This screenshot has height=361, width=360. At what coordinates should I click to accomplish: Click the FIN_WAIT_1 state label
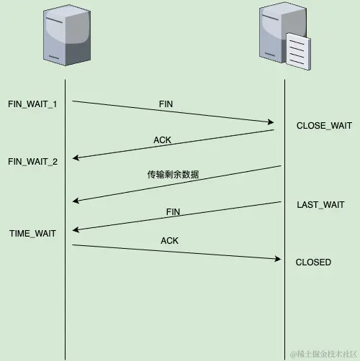tap(32, 104)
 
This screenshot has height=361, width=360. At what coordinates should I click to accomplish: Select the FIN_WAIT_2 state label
tap(32, 161)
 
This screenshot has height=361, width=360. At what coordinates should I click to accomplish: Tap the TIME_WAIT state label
tap(32, 233)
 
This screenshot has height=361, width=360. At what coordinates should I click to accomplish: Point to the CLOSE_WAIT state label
tap(324, 126)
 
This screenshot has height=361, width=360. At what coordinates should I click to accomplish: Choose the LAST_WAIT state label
tap(320, 205)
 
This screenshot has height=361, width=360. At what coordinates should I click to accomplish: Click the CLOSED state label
tap(313, 262)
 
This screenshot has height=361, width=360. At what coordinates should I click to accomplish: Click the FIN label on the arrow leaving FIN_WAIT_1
tap(166, 104)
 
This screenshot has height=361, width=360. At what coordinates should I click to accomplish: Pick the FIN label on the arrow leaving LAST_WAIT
tap(173, 212)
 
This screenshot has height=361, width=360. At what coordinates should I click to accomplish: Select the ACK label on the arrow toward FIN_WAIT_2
tap(163, 140)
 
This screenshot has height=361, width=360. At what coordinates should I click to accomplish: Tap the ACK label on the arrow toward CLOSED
tap(170, 241)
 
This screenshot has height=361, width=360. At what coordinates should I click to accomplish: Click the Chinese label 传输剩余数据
tap(173, 175)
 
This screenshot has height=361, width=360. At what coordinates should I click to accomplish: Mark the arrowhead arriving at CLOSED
tap(276, 259)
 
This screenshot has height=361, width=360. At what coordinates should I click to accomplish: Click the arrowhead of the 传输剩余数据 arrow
tap(76, 201)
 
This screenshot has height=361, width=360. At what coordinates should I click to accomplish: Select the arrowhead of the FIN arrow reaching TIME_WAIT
tap(76, 229)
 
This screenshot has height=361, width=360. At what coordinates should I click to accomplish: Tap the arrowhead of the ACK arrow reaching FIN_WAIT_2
tap(76, 158)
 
